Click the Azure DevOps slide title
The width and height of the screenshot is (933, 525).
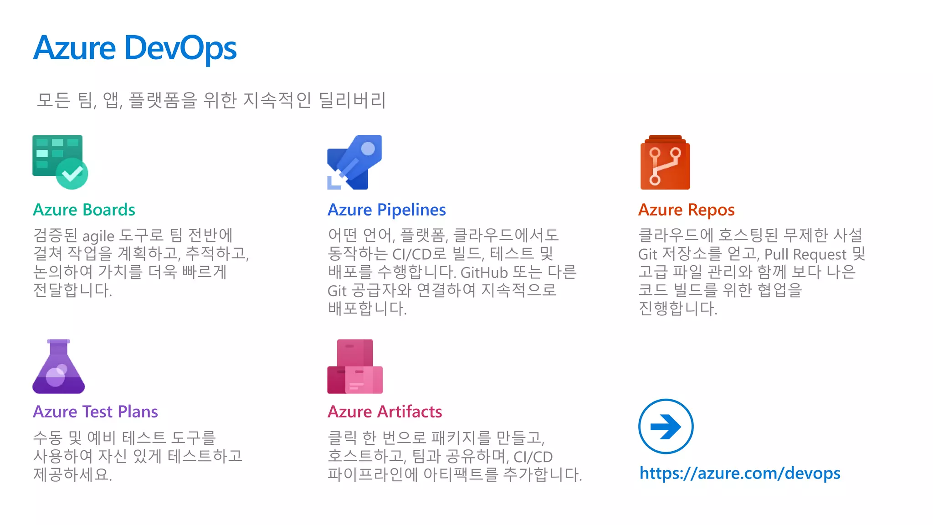click(x=135, y=48)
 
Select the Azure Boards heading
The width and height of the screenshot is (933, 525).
click(x=84, y=210)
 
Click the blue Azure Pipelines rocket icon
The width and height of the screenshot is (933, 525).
click(x=355, y=162)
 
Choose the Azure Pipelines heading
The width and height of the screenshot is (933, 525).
click(x=386, y=210)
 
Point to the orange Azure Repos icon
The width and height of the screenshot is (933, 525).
click(x=665, y=163)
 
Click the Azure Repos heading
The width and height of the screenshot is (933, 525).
click(x=686, y=210)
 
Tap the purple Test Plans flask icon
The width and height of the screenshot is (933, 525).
click(x=59, y=367)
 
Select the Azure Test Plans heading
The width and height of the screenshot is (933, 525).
click(x=95, y=412)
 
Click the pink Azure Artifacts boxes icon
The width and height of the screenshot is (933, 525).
click(x=355, y=367)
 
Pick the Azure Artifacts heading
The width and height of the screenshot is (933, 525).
click(x=384, y=412)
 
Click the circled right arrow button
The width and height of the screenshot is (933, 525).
click(x=666, y=427)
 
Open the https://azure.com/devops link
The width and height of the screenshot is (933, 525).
click(x=740, y=473)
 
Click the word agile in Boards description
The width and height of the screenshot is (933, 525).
click(x=98, y=236)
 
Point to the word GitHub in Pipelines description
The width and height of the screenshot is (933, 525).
click(x=484, y=273)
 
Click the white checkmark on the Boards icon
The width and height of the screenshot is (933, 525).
click(x=72, y=173)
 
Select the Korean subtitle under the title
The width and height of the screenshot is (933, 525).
click(x=211, y=100)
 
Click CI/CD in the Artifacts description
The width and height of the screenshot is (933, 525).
click(x=533, y=457)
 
